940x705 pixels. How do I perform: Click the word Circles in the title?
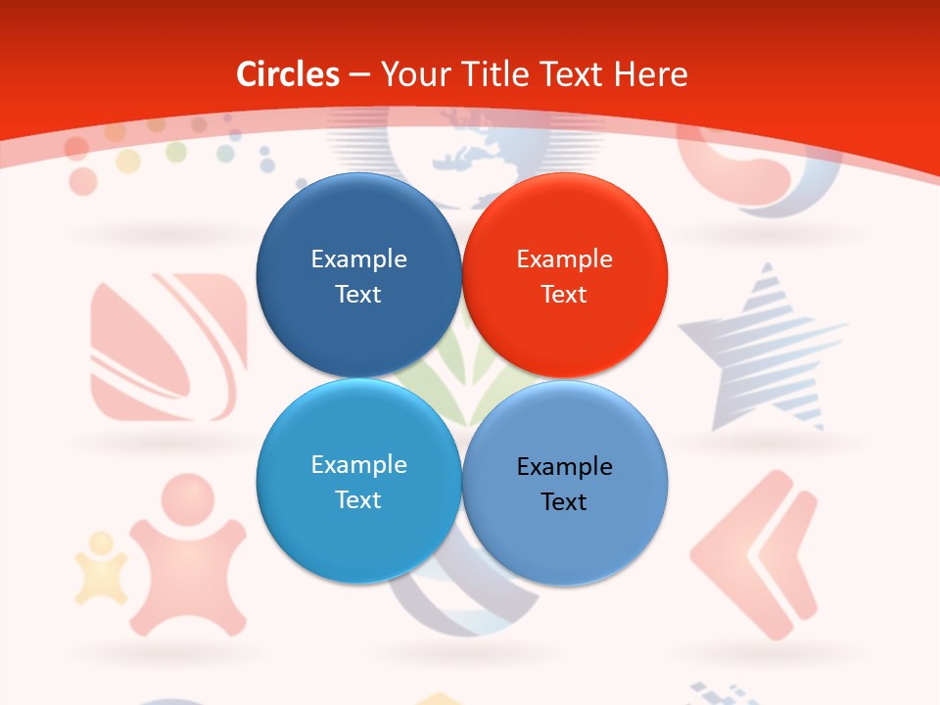[x=287, y=74]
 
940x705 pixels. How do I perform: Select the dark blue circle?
[x=358, y=275]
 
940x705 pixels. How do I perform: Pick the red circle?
[x=564, y=275]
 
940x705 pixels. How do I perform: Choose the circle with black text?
[x=564, y=483]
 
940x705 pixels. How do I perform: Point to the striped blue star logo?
[x=763, y=348]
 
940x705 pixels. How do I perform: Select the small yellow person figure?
[x=101, y=568]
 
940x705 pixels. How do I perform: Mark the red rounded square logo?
[x=167, y=348]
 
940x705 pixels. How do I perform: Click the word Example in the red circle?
[x=564, y=259]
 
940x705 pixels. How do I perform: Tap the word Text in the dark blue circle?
[x=358, y=294]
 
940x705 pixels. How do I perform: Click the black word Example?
[x=564, y=467]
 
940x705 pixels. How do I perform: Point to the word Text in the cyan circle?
[x=358, y=499]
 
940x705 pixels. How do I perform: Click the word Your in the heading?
[x=408, y=74]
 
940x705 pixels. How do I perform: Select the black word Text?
[x=564, y=501]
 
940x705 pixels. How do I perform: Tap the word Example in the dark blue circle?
[x=358, y=259]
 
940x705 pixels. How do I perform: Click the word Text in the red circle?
[x=564, y=294]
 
